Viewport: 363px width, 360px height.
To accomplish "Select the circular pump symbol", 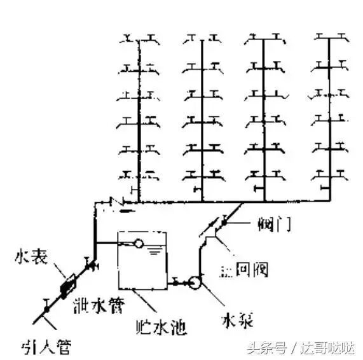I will pyautogui.click(x=195, y=281).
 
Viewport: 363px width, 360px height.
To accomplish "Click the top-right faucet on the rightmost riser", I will pyautogui.click(x=343, y=38).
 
